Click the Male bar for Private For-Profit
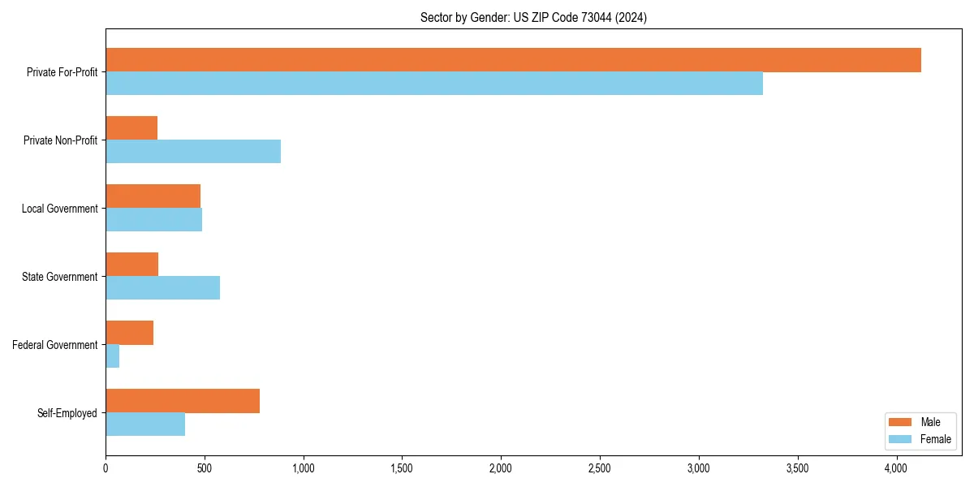[513, 60]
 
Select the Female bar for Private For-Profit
[434, 84]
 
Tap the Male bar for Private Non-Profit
[131, 128]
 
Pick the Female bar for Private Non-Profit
[193, 152]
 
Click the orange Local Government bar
[153, 196]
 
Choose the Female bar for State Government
[162, 288]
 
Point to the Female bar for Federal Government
[113, 356]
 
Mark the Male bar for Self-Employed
[183, 401]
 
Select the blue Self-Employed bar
[145, 425]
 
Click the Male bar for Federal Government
[130, 333]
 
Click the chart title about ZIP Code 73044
[533, 17]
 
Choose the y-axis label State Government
[59, 277]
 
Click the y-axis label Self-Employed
[67, 413]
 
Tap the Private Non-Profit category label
[60, 140]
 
